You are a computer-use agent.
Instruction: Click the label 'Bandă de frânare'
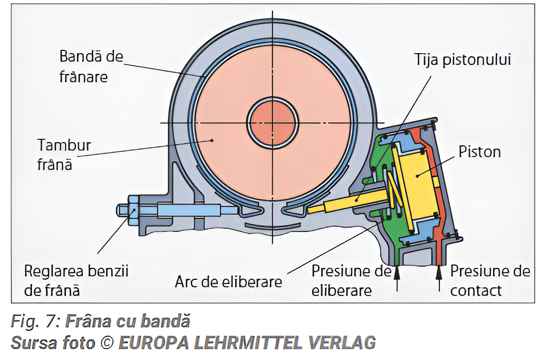coord(91,66)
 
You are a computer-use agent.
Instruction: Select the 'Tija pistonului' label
coord(462,59)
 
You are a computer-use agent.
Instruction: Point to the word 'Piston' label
coord(480,151)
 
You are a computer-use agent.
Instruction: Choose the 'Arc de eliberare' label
coord(228,282)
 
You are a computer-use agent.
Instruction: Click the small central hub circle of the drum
coord(273,123)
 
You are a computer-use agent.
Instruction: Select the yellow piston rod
coord(352,202)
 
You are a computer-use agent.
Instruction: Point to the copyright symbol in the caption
coord(106,343)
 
